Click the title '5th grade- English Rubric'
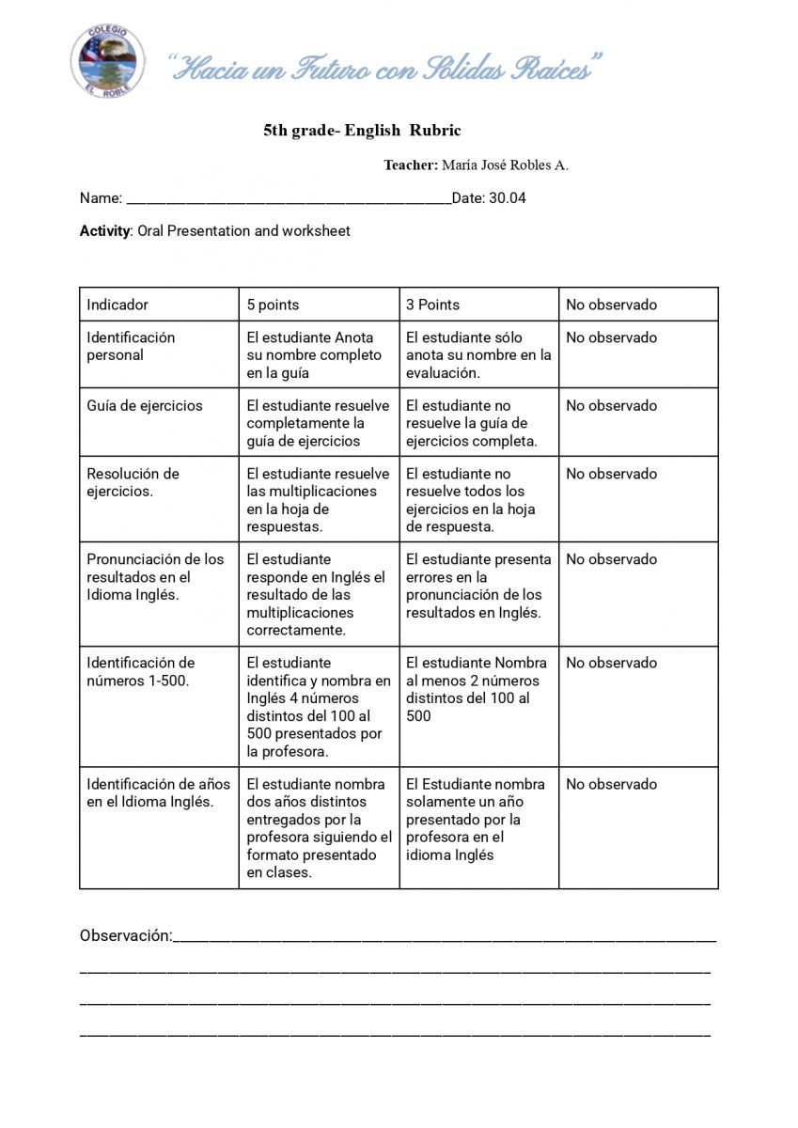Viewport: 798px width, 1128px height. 362,131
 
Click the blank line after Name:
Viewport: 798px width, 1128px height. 288,199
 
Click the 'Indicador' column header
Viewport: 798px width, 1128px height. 117,305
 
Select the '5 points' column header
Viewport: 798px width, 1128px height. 273,305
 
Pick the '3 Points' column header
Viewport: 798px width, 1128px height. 433,305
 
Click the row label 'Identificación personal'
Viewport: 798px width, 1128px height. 131,346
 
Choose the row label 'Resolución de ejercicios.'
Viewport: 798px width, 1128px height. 133,482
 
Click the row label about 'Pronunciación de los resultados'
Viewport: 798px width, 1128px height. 155,577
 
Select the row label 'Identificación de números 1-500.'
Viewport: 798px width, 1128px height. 140,671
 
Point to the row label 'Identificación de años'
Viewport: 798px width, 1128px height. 158,792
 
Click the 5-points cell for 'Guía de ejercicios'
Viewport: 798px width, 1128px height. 318,423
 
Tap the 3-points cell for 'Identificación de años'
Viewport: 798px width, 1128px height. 476,819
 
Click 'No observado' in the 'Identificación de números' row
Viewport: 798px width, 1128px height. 611,663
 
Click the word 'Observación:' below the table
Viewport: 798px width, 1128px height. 126,935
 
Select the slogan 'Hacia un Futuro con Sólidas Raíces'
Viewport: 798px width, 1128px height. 385,68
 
